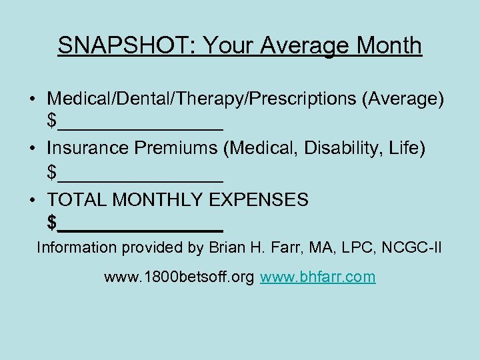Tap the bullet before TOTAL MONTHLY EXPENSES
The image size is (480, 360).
(32, 199)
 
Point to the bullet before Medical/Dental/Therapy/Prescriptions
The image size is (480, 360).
(32, 99)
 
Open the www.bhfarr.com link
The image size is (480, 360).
(317, 277)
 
